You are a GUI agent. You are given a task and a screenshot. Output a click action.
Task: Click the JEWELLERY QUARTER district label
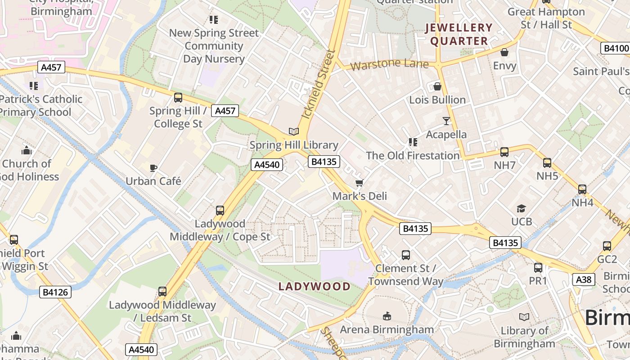tap(459, 34)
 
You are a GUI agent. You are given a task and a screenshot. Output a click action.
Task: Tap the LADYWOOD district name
tap(314, 287)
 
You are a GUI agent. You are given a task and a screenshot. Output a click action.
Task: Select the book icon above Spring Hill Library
tap(294, 131)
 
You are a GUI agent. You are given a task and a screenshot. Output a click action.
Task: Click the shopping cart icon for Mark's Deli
tap(359, 183)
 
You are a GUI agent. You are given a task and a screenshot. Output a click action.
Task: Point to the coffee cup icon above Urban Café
tap(153, 168)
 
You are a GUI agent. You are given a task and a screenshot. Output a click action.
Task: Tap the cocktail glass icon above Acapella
tap(446, 121)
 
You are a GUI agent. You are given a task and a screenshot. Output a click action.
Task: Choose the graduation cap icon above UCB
tap(521, 208)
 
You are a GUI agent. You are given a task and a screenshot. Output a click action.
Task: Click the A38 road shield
tap(584, 280)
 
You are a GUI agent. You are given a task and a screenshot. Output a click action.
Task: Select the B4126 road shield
tap(55, 292)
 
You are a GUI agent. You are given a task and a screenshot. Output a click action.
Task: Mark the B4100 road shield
tap(615, 49)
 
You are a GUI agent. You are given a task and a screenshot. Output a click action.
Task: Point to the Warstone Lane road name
tap(389, 65)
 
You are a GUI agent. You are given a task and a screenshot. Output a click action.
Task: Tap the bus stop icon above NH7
tap(504, 152)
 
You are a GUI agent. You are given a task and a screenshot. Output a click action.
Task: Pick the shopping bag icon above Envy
tap(504, 53)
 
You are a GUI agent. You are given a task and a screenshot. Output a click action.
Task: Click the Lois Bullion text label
tap(437, 100)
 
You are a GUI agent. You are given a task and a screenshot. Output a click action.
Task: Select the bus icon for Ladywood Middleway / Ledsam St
tap(162, 292)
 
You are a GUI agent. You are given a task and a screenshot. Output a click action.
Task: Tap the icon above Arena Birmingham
tap(387, 316)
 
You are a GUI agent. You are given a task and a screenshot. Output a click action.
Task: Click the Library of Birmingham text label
tap(524, 337)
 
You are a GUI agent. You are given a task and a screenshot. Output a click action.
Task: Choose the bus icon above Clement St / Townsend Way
tap(405, 255)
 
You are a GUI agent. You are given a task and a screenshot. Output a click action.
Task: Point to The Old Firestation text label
tap(413, 156)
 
